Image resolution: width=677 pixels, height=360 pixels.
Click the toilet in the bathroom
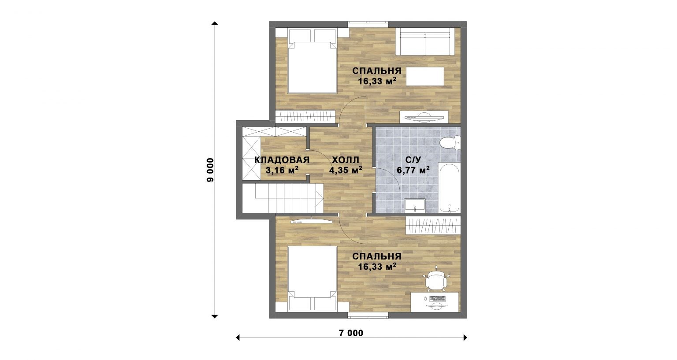(450, 142)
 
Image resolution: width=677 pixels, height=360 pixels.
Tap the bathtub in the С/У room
(450, 187)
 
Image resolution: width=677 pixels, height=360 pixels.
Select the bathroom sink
(415, 205)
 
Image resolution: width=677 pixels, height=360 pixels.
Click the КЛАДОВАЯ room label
(282, 160)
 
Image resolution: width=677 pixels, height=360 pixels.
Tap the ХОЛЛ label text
(346, 160)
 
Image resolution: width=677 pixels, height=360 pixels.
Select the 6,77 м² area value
(413, 170)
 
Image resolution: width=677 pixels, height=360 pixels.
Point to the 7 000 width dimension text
(351, 333)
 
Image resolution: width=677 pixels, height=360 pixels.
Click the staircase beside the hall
(283, 198)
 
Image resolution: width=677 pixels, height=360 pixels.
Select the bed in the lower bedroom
(312, 278)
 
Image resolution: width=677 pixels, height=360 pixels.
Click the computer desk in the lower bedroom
(435, 302)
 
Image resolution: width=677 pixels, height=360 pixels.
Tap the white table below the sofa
(425, 77)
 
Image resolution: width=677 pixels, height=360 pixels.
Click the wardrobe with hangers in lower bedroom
(433, 225)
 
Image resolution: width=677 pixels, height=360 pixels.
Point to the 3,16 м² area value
(282, 170)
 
